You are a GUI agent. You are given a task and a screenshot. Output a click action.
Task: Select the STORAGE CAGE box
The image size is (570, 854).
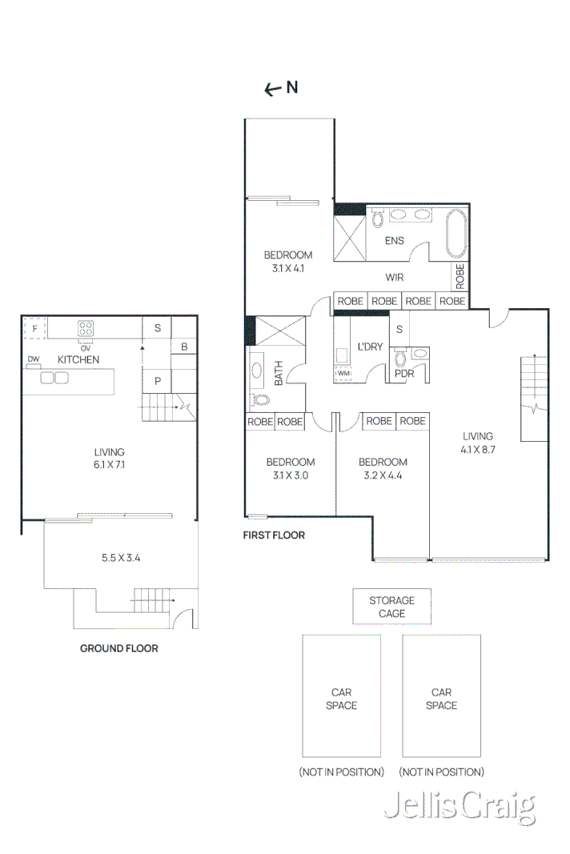(x=391, y=607)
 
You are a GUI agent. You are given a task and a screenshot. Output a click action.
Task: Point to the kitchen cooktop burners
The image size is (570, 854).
(x=86, y=327)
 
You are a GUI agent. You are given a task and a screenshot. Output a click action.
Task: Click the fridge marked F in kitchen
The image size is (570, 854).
(x=34, y=328)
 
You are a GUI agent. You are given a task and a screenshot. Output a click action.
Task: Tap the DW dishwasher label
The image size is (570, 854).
(x=34, y=359)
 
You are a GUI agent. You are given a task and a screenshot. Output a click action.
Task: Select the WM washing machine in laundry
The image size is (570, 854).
(x=343, y=373)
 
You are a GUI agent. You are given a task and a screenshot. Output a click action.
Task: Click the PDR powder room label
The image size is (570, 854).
(x=403, y=373)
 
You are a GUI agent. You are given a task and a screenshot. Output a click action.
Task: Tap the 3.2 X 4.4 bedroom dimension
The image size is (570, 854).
(x=382, y=475)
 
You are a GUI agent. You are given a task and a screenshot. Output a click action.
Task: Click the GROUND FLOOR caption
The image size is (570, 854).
(x=118, y=648)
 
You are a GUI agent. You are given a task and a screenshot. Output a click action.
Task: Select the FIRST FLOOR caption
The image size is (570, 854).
(x=274, y=535)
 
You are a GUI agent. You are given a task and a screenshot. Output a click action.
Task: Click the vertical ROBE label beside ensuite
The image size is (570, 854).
(x=460, y=276)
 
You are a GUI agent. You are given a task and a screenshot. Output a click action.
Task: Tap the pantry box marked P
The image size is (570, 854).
(x=158, y=381)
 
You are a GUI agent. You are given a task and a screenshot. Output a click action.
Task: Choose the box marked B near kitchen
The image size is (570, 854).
(x=183, y=347)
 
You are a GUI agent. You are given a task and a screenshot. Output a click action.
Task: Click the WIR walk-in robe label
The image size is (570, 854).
(x=394, y=278)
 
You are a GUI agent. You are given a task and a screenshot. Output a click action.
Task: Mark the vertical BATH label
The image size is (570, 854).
(x=279, y=373)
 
